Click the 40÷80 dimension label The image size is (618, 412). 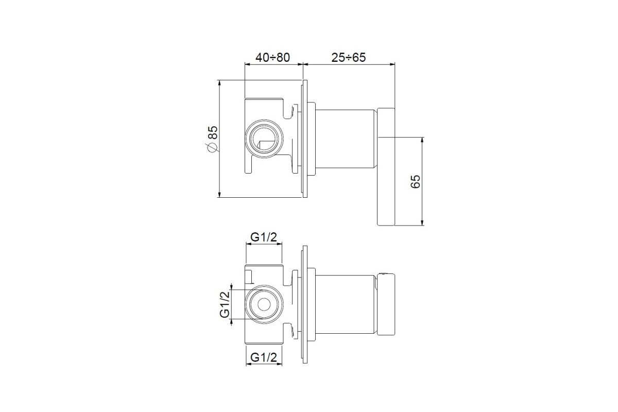click(272, 57)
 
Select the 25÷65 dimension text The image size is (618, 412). click(349, 57)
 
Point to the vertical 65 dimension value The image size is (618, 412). click(415, 181)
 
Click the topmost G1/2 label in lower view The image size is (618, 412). click(264, 237)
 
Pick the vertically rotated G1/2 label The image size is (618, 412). click(225, 304)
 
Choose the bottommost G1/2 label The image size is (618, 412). click(264, 357)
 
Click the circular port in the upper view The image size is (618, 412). click(264, 139)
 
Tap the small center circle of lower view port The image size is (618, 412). click(264, 304)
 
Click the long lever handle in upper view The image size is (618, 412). click(386, 167)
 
